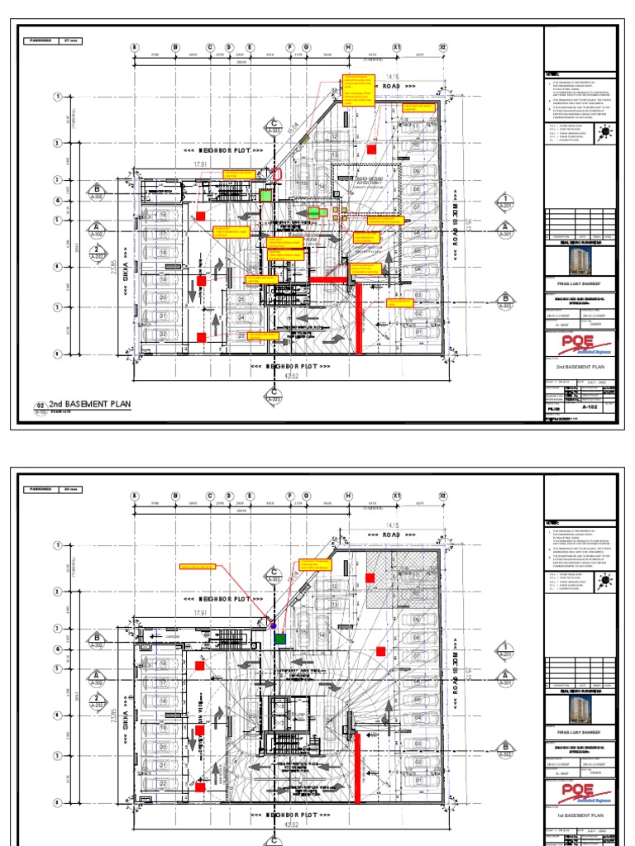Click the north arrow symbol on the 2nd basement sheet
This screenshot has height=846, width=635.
605,131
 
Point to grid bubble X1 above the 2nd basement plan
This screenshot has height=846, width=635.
397,47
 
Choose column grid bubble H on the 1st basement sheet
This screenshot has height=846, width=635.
348,496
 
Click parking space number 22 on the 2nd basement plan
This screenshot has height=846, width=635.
163,334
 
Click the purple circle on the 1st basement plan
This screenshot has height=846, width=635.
274,626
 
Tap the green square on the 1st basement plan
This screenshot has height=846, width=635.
280,639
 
